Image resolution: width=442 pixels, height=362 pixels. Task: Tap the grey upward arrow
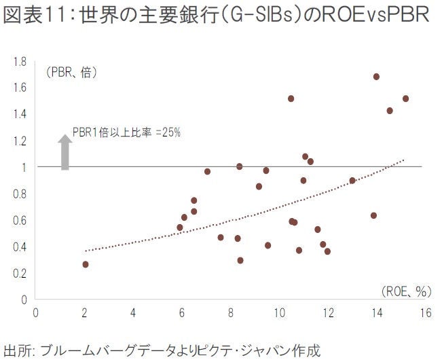[x=65, y=151]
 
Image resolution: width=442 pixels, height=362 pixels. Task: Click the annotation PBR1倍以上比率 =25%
[x=127, y=132]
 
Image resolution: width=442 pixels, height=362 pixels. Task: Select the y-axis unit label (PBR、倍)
[x=71, y=72]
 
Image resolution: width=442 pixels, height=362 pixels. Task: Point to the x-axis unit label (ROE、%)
[x=406, y=291]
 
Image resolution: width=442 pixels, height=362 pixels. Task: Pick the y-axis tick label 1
[x=24, y=167]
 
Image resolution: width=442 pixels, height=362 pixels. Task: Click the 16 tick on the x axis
[x=425, y=313]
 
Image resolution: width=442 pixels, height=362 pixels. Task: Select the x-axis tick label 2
[x=84, y=313]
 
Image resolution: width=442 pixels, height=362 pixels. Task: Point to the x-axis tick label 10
[x=279, y=313]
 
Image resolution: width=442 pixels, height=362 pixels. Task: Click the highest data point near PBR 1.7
[x=376, y=77]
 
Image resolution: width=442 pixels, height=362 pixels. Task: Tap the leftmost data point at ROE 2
[x=86, y=264]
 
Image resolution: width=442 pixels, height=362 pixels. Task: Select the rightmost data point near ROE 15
[x=405, y=98]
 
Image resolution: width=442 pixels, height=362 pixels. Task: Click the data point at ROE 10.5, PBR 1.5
[x=291, y=98]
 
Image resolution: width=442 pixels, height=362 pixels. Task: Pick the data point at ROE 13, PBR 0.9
[x=352, y=181]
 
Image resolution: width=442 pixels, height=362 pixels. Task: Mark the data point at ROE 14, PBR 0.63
[x=373, y=215]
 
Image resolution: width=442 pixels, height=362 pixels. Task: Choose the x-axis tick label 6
[x=182, y=313]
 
